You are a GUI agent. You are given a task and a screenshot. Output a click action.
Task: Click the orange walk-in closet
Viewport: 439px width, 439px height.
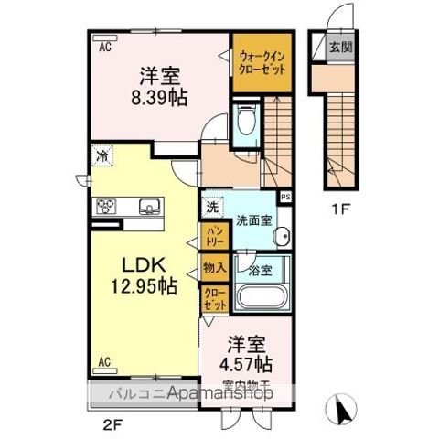tap(261, 62)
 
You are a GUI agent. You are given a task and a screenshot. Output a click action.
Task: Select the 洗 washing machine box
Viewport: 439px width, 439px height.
tap(211, 206)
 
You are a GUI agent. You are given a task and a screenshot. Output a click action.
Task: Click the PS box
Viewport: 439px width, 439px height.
tap(285, 196)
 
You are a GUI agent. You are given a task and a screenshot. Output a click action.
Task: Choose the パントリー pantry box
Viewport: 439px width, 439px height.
tap(213, 236)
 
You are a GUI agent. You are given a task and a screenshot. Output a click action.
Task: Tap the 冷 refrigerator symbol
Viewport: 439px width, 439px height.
tap(102, 156)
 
